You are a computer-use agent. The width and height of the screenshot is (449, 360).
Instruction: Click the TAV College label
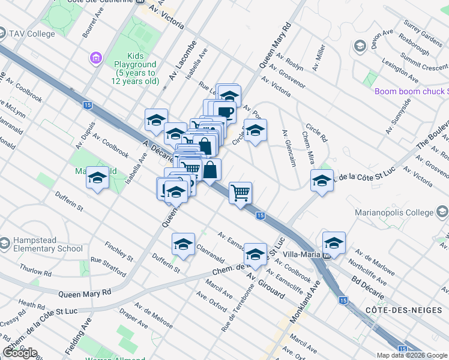pyautogui.click(x=32, y=34)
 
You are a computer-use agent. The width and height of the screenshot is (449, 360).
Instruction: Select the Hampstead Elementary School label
pyautogui.click(x=41, y=244)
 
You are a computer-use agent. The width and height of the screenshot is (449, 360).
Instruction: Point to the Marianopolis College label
pyautogui.click(x=394, y=212)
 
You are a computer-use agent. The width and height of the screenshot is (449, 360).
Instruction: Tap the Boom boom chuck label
pyautogui.click(x=411, y=91)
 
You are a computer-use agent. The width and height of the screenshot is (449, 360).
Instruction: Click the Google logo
pyautogui.click(x=20, y=353)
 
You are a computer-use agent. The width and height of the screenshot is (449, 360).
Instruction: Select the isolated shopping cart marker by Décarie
pyautogui.click(x=240, y=193)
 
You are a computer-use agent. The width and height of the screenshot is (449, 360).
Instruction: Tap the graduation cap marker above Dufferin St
pyautogui.click(x=183, y=244)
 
